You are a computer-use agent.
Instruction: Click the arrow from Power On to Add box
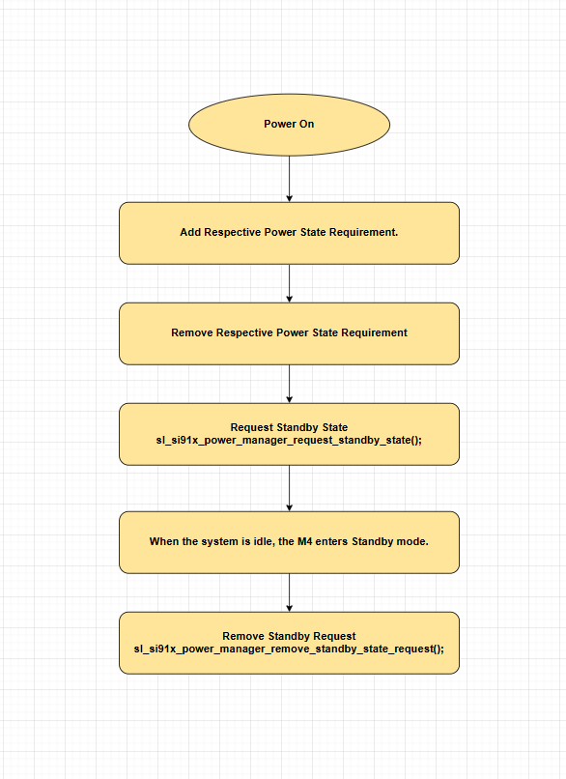pos(289,178)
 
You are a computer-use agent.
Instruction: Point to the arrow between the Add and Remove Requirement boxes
pos(289,283)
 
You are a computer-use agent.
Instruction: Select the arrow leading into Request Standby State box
pos(289,384)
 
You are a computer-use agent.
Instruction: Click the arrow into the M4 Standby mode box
pos(289,488)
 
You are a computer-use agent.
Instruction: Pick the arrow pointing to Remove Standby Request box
pos(289,591)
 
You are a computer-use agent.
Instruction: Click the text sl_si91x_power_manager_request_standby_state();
pos(289,440)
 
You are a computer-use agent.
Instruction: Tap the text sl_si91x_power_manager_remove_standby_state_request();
pos(289,649)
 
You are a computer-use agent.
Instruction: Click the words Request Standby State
pos(289,427)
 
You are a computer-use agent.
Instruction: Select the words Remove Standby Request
pos(289,636)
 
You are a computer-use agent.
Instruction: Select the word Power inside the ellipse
pos(279,124)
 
